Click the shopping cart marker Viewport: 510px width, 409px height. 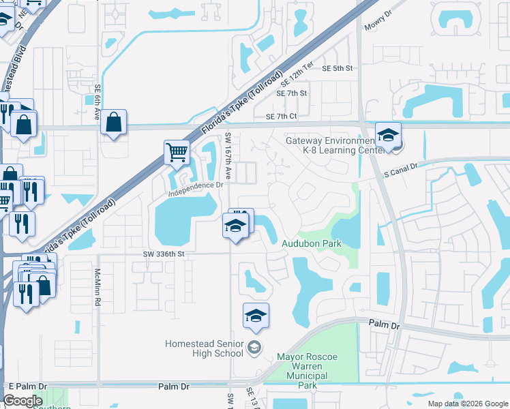(177, 151)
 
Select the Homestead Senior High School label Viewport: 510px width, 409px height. (204, 348)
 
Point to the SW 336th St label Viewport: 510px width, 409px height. (164, 254)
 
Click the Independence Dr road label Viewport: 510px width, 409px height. (196, 185)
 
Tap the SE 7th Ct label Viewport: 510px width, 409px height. (281, 117)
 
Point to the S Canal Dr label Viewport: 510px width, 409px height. (400, 166)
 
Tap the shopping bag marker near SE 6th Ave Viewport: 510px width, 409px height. (115, 123)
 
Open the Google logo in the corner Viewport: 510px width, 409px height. (23, 401)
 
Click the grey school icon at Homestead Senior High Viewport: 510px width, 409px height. (254, 348)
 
